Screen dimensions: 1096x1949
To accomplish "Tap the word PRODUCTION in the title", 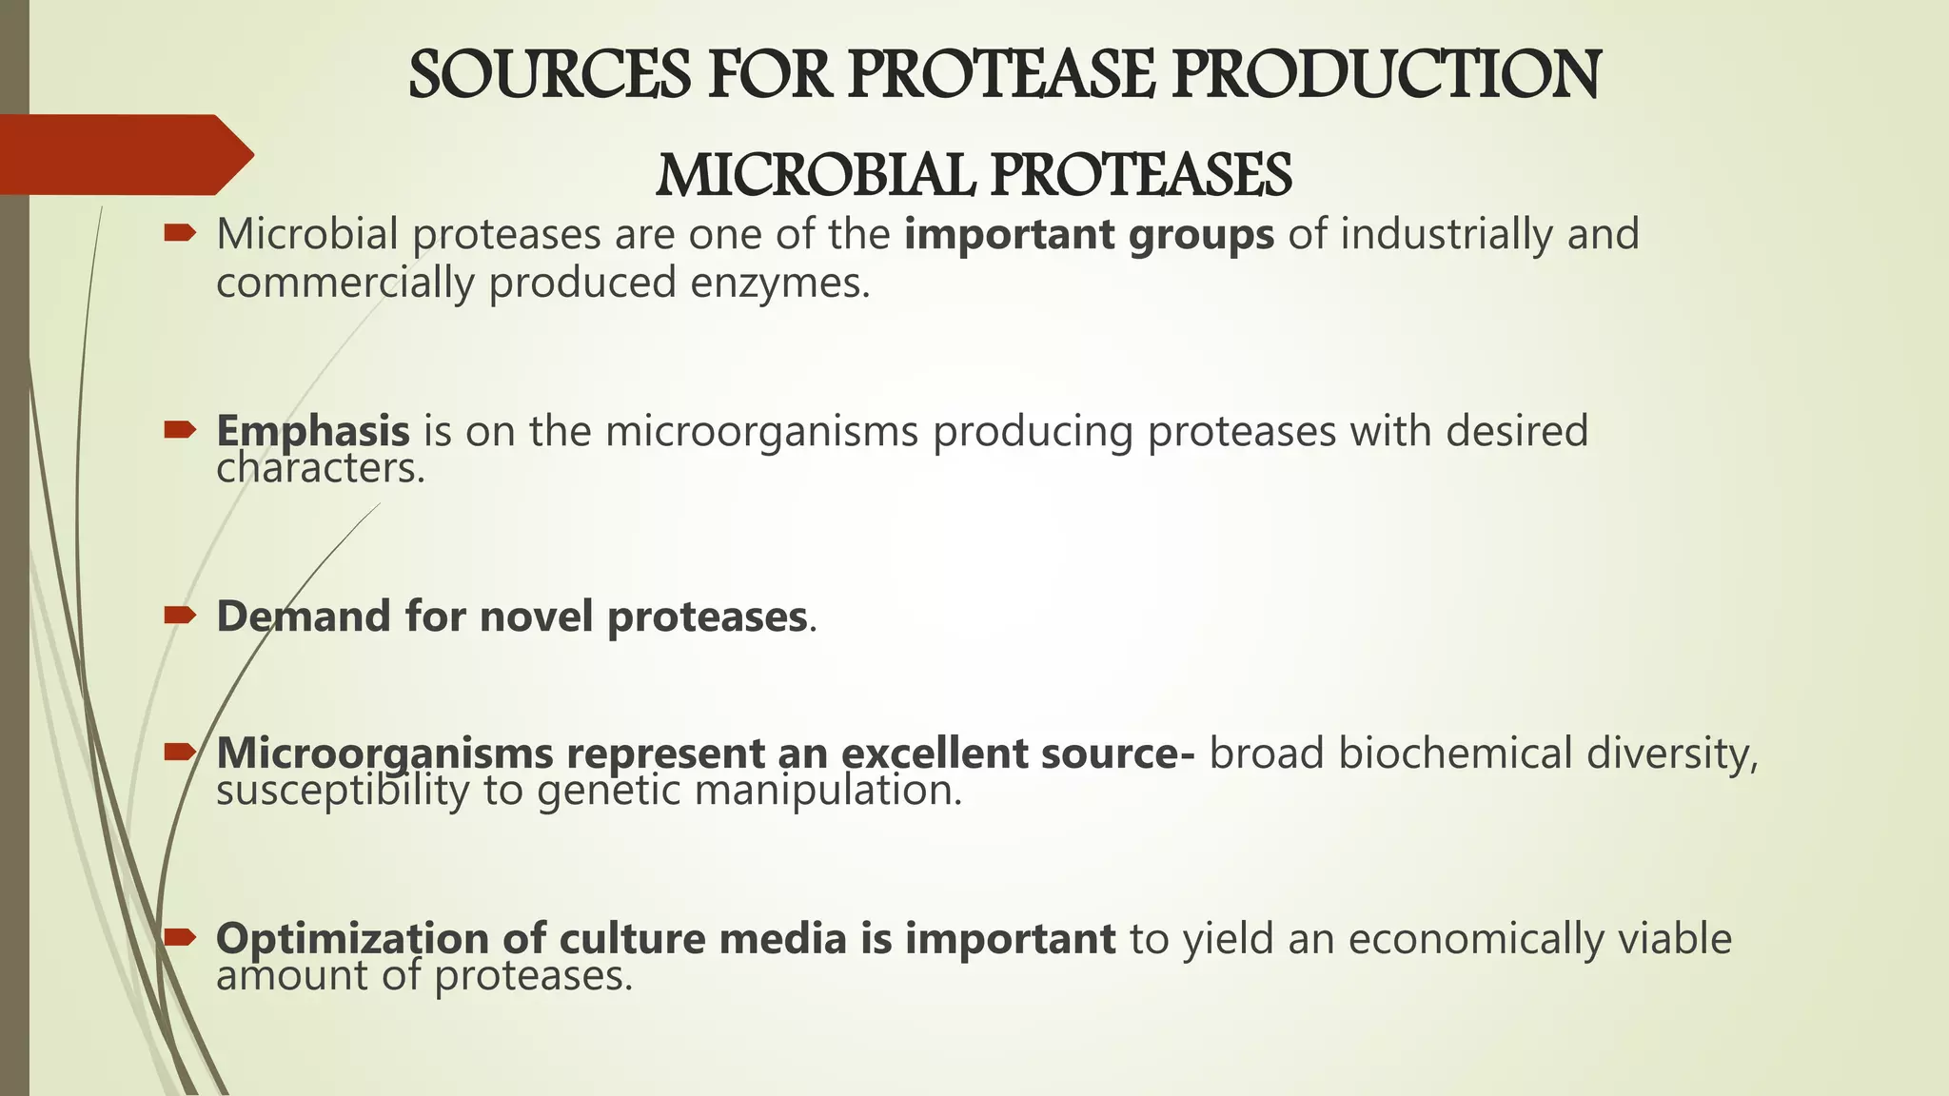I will click(x=1386, y=76).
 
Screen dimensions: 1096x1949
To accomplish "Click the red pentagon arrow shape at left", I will click(x=124, y=154).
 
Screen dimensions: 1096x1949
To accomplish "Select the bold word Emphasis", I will click(x=313, y=431).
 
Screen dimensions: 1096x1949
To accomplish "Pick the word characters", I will click(x=320, y=468).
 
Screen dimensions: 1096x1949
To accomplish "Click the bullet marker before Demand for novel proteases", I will click(x=179, y=616).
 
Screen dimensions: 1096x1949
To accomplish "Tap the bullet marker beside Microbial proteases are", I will click(x=179, y=233).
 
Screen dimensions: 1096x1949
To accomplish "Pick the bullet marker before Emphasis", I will click(x=179, y=430).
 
